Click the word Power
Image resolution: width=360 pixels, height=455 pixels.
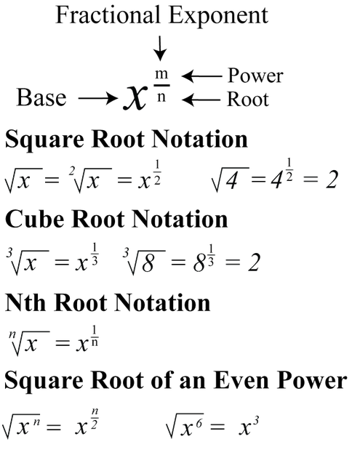[255, 76]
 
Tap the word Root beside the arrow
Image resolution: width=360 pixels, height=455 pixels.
[248, 100]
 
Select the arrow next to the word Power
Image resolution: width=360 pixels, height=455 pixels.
[201, 76]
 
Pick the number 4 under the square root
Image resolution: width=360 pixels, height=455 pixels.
[236, 180]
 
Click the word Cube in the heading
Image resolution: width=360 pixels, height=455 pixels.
[34, 219]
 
